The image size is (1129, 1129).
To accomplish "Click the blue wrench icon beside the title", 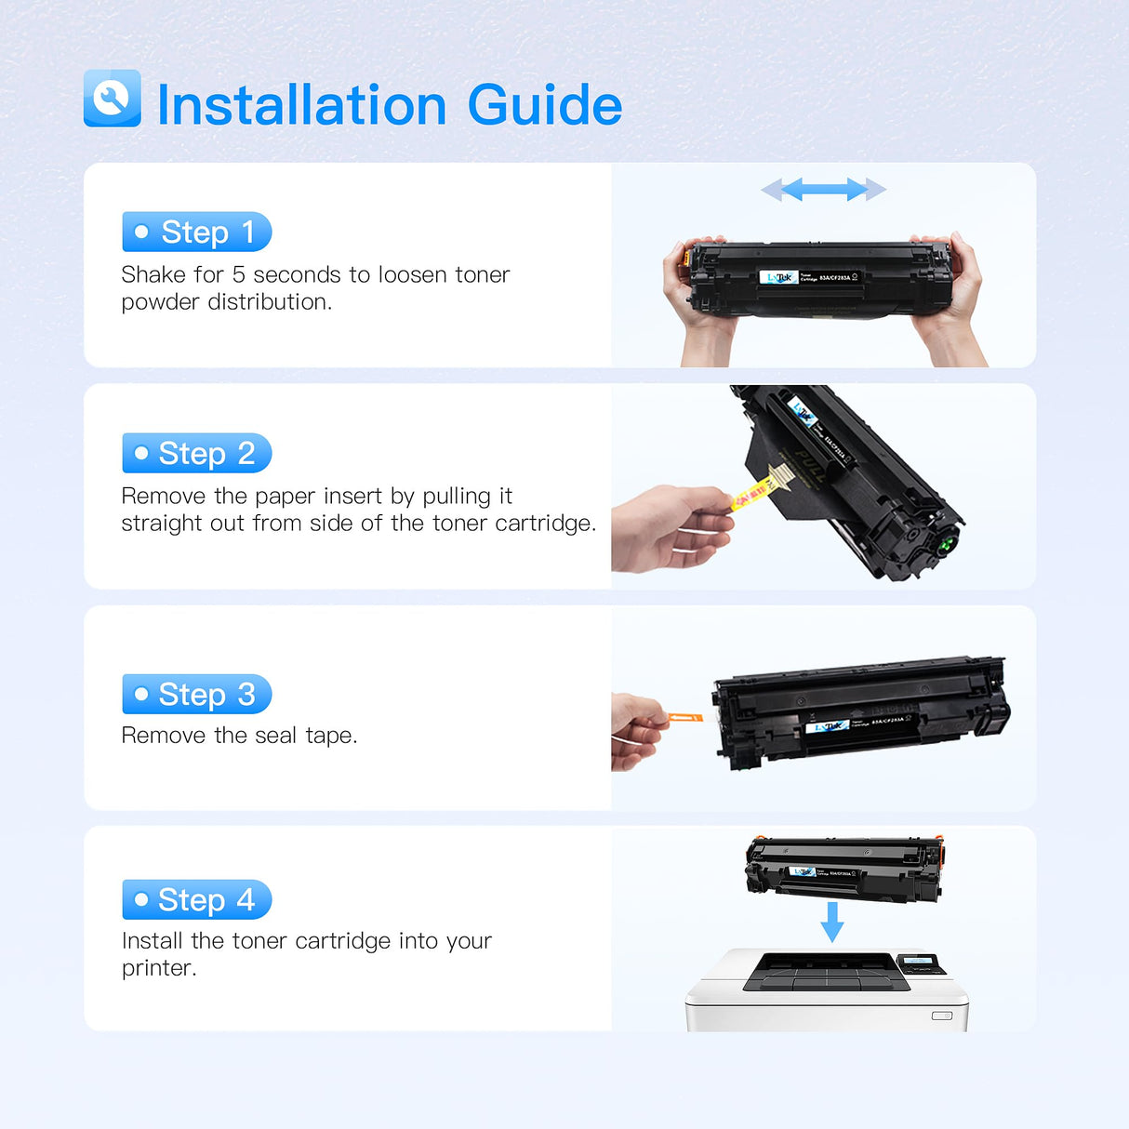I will point(113,99).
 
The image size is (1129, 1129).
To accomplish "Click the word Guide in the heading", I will point(544,105).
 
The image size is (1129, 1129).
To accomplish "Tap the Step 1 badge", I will point(196,232).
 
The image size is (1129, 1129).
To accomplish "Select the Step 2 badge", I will point(196,453).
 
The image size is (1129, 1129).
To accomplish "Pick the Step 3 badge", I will point(196,694).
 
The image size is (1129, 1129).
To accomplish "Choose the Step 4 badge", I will point(196,899).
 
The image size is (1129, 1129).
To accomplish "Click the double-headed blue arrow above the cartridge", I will point(823,190).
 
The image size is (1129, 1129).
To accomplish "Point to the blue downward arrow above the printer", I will point(832,921).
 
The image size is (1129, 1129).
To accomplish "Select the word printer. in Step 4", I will point(159,968).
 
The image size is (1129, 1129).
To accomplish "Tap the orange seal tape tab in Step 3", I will point(685,717).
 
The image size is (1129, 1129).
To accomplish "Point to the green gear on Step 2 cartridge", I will point(946,544).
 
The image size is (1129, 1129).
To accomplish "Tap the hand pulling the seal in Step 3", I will point(637,730).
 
